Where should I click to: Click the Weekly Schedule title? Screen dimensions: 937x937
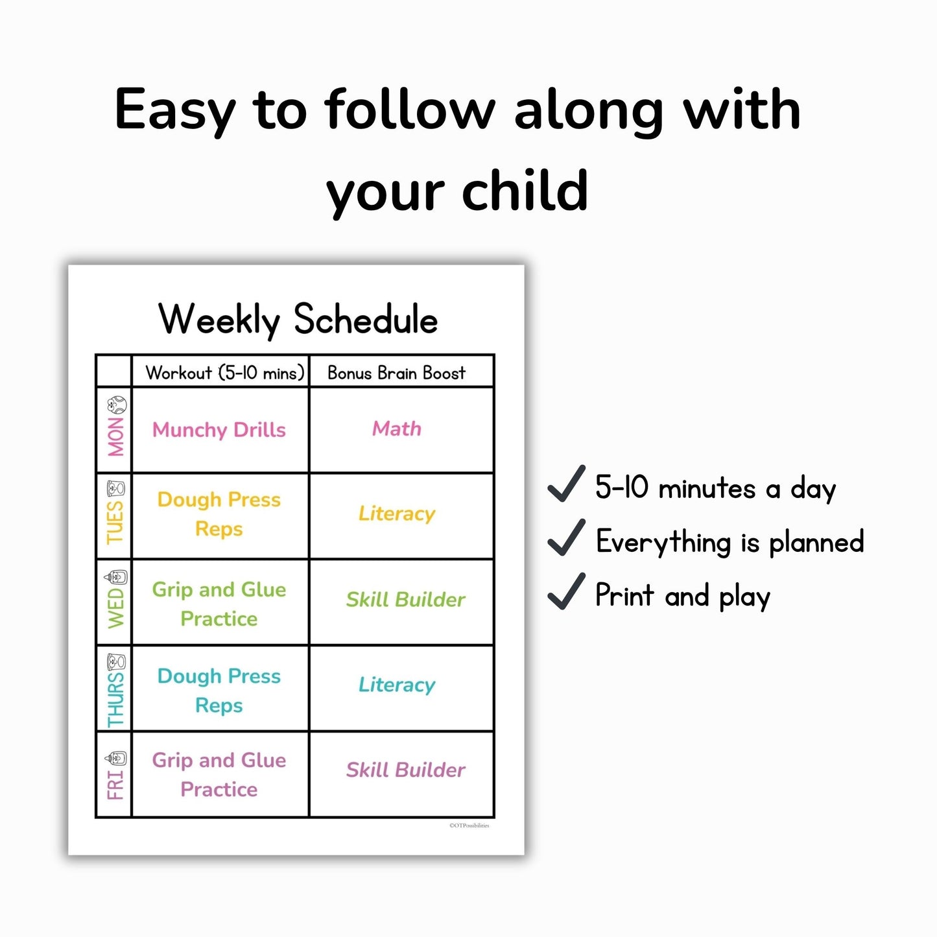[298, 319]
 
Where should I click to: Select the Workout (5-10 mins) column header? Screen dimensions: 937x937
[224, 373]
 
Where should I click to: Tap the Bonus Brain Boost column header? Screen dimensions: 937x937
[396, 373]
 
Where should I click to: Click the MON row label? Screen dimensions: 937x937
[116, 437]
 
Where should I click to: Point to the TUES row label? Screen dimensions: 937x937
[115, 522]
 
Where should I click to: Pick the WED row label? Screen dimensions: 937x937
[115, 608]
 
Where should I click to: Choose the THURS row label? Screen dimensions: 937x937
[115, 699]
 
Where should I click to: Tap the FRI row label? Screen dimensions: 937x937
[115, 785]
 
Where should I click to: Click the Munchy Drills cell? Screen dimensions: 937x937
[219, 430]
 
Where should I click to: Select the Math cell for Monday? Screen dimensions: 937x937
[396, 429]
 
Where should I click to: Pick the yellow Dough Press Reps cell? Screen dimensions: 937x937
[219, 514]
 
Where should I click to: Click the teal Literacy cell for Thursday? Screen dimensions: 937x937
[397, 685]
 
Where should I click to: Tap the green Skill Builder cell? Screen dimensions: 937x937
[405, 600]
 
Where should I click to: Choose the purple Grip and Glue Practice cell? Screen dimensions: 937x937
[219, 774]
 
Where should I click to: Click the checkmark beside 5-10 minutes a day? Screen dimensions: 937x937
[566, 484]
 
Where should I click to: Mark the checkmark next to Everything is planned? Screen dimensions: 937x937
[566, 538]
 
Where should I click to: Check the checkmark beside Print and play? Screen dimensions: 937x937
[566, 592]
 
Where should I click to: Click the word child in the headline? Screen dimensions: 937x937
[525, 191]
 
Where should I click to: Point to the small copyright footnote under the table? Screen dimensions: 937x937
[469, 825]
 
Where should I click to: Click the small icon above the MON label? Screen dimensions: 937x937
[117, 405]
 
